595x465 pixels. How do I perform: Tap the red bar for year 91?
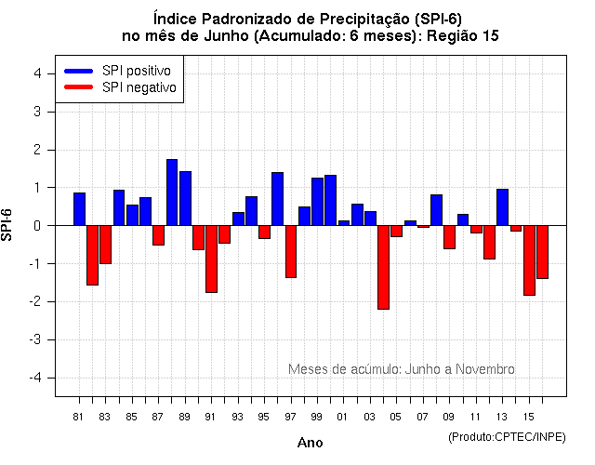pos(211,259)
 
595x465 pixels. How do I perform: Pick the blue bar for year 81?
pos(79,209)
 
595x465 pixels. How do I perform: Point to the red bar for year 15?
pos(529,260)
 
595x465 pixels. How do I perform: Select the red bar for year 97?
pos(291,251)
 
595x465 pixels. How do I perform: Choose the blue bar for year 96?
pos(277,199)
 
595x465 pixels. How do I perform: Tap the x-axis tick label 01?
pos(343,416)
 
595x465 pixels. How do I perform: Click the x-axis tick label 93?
pos(238,416)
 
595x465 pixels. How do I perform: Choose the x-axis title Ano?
pos(310,443)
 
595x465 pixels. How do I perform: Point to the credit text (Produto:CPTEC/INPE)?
pos(507,436)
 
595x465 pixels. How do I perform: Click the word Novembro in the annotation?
pos(483,369)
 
